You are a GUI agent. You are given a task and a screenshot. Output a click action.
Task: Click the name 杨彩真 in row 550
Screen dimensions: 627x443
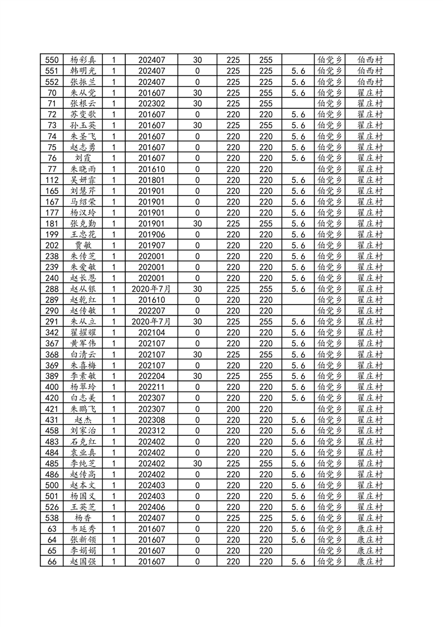click(83, 60)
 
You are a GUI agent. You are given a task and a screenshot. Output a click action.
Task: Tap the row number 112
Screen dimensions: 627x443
click(53, 180)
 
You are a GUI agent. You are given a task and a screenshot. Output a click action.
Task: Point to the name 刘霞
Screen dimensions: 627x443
click(83, 158)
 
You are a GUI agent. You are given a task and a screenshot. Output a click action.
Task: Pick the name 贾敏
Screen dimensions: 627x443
click(83, 245)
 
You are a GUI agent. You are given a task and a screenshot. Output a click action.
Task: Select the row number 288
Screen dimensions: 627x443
click(53, 289)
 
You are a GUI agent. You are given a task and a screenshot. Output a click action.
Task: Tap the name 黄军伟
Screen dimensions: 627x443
click(83, 343)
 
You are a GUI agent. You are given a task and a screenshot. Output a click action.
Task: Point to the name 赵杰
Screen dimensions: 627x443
click(83, 420)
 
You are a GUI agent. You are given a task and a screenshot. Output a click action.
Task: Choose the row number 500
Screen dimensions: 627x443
click(53, 485)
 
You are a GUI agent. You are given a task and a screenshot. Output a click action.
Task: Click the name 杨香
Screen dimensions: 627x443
click(83, 517)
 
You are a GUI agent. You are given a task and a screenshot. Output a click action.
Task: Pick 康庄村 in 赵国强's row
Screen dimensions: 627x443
click(369, 561)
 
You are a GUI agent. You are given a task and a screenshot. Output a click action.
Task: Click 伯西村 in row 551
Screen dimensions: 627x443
click(369, 71)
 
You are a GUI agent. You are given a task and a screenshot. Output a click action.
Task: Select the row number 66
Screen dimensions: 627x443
click(53, 561)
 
